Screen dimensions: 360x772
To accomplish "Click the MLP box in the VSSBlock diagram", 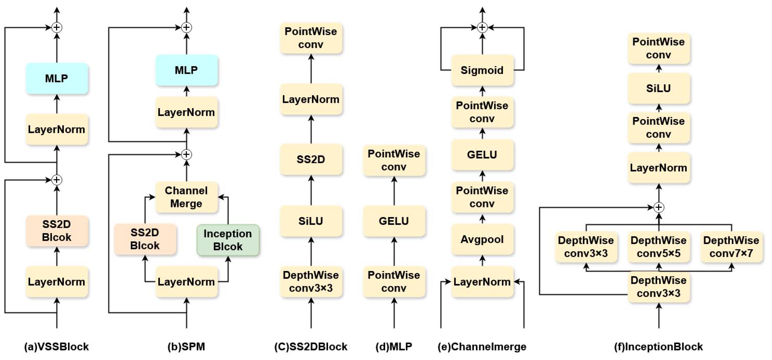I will tap(57, 78).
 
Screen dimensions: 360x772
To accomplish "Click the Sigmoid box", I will tap(482, 70).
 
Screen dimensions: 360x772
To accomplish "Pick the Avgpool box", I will tap(482, 239).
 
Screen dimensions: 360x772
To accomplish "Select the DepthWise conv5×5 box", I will tap(658, 247).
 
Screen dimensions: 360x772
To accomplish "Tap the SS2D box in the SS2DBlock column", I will tap(311, 159).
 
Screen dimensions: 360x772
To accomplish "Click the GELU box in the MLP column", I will tap(394, 221).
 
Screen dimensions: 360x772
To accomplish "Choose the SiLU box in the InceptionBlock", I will tap(658, 88).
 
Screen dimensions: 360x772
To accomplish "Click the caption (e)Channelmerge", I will tap(482, 347).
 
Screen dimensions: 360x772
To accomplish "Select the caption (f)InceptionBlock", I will tap(658, 347).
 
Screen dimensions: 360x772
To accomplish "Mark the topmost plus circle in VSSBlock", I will tap(57, 28).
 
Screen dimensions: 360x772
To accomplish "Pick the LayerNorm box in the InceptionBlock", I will tap(658, 168).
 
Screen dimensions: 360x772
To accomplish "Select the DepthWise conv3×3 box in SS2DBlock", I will tap(311, 282).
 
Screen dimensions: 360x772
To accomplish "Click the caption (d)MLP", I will tap(394, 347).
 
